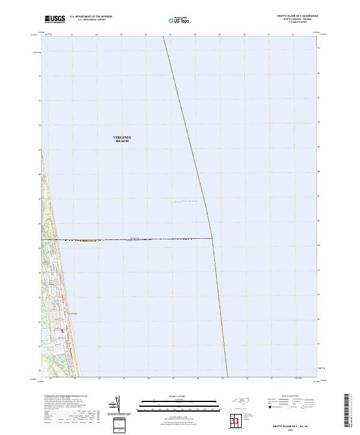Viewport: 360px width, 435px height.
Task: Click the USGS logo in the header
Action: [55, 19]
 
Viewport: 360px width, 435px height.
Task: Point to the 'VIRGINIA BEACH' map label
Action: [122, 139]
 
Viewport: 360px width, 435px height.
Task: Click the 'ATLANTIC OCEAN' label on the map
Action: [185, 202]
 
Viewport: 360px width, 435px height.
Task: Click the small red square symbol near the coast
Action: [61, 329]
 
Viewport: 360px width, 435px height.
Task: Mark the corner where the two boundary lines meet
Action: [212, 238]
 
